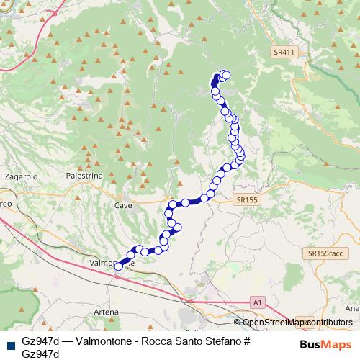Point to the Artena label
coord(106,311)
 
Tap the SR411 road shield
coord(284,53)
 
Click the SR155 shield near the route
coord(246,199)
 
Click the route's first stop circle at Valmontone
coord(119,266)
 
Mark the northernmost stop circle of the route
coord(225,74)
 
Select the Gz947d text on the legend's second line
coord(40,353)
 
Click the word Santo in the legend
coord(189,341)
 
